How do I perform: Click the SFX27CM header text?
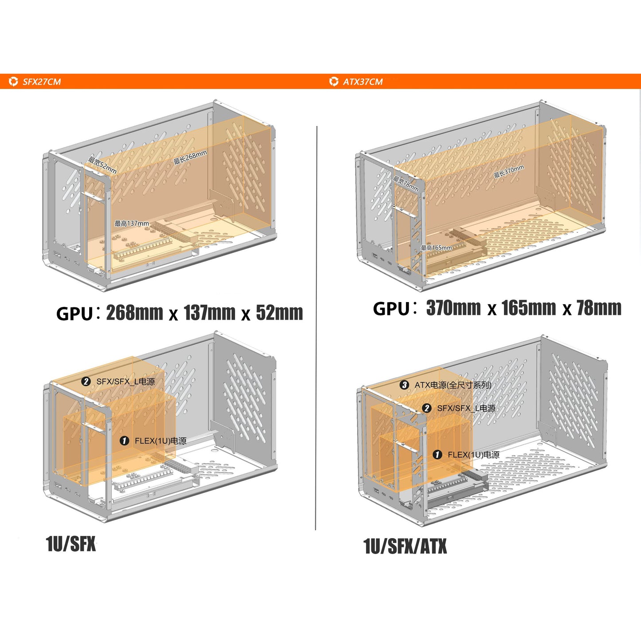click(x=42, y=82)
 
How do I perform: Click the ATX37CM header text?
click(x=362, y=82)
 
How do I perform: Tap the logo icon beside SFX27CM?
click(x=13, y=82)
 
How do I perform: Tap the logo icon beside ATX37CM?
click(x=334, y=82)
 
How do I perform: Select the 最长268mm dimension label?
click(x=190, y=157)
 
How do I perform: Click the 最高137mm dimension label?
click(x=132, y=223)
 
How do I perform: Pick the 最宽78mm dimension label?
click(x=405, y=184)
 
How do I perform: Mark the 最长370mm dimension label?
click(x=509, y=171)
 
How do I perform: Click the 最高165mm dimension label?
click(x=437, y=248)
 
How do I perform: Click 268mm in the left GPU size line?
click(x=135, y=313)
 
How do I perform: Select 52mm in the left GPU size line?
click(x=279, y=313)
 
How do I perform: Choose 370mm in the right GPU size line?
click(x=453, y=308)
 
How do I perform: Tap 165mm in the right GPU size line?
click(x=529, y=308)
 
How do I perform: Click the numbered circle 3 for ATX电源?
click(x=404, y=385)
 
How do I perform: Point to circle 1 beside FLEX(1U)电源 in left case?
click(x=124, y=441)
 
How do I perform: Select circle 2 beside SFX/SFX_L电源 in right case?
click(x=427, y=408)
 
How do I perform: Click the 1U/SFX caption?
click(x=71, y=544)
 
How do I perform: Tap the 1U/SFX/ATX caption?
click(x=405, y=546)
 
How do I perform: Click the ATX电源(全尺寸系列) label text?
click(x=453, y=385)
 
